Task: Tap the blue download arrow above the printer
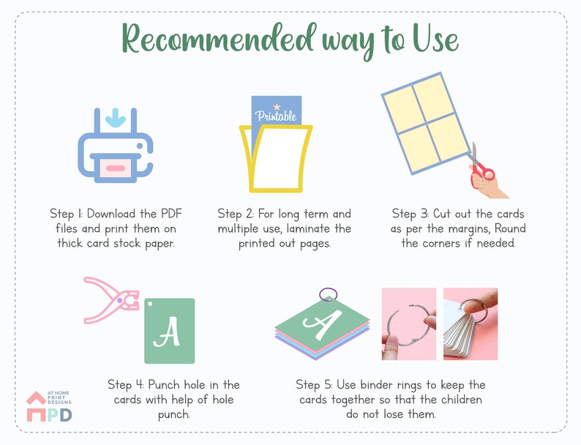[115, 118]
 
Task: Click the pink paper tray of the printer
[115, 168]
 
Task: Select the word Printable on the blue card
[276, 116]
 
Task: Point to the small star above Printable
[277, 107]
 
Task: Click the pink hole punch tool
[110, 300]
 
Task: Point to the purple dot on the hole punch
[120, 300]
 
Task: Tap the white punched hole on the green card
[150, 304]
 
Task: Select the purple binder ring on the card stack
[329, 294]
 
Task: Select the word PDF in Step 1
[171, 214]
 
